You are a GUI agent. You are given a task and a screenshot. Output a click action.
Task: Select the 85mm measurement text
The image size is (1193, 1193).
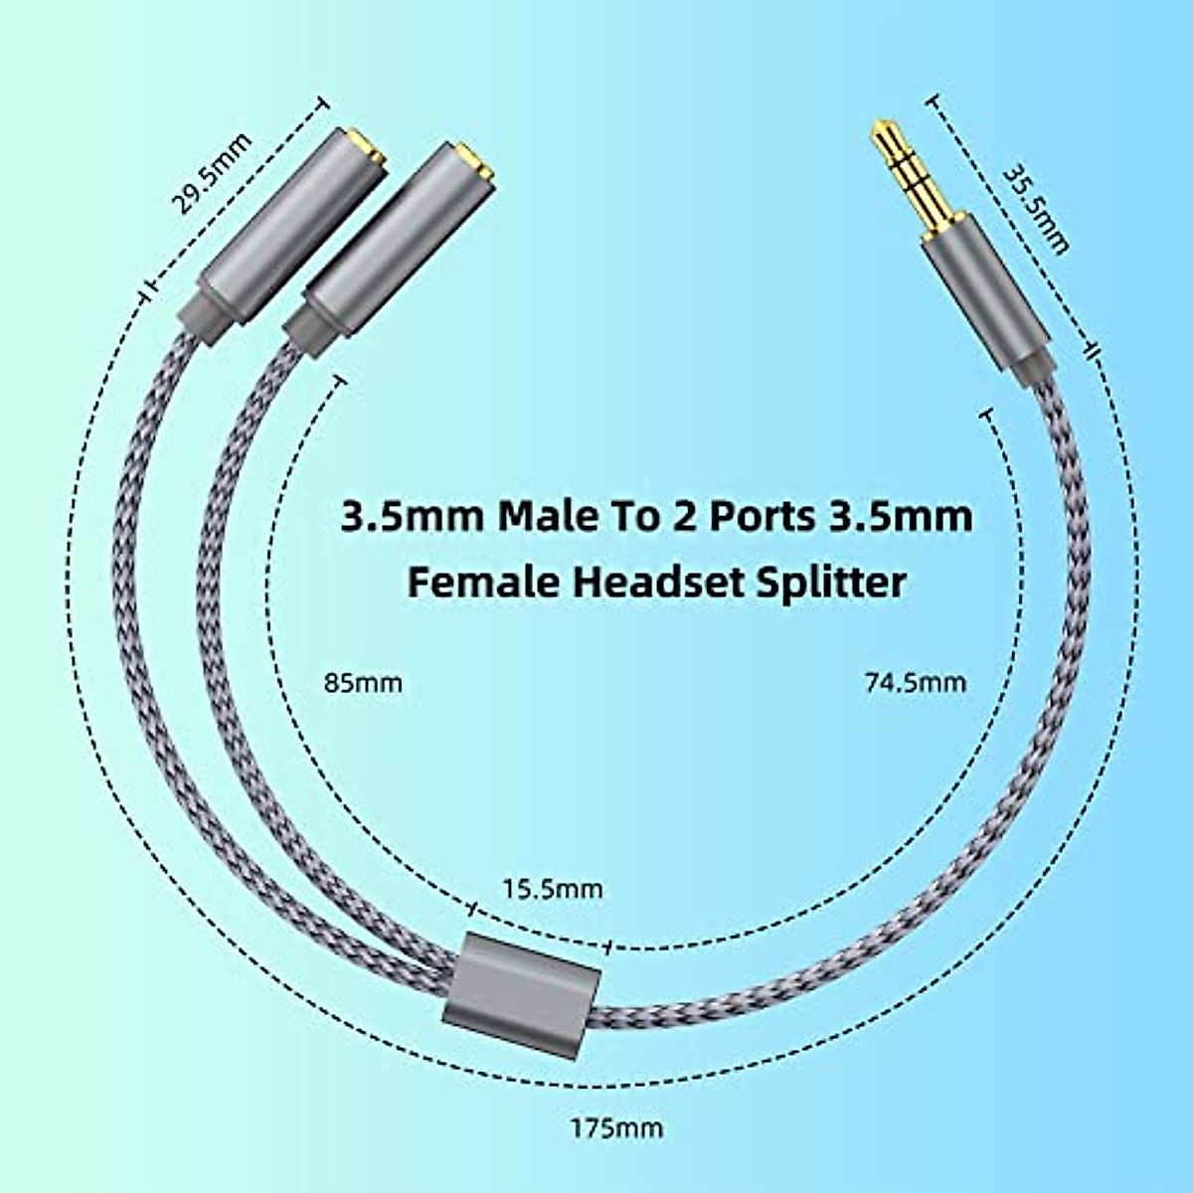pyautogui.click(x=363, y=684)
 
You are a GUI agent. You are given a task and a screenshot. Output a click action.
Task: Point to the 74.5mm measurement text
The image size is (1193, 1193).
pyautogui.click(x=912, y=682)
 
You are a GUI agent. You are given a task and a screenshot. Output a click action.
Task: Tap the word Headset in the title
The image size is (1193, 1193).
pyautogui.click(x=653, y=582)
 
